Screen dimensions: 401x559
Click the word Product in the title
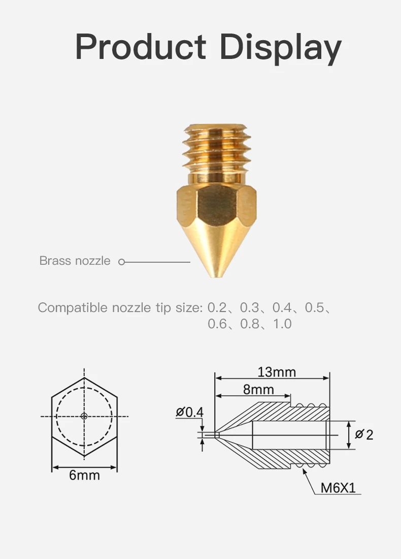pyautogui.click(x=141, y=46)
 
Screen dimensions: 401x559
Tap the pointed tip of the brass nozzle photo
pyautogui.click(x=217, y=275)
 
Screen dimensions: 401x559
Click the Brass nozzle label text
pyautogui.click(x=75, y=261)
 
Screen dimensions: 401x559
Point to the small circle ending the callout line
pyautogui.click(x=122, y=262)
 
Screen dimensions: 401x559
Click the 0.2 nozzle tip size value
pyautogui.click(x=217, y=307)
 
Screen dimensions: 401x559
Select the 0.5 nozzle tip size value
pyautogui.click(x=315, y=307)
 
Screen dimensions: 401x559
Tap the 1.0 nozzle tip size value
pyautogui.click(x=282, y=324)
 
